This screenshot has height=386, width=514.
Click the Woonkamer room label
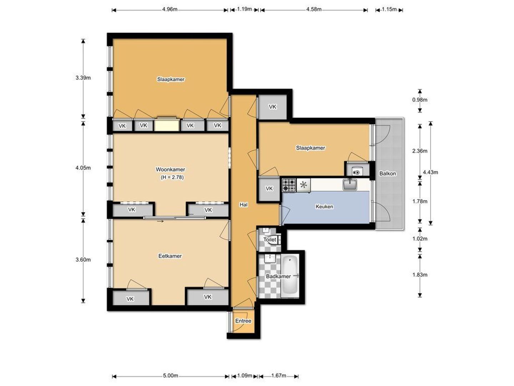point(170,169)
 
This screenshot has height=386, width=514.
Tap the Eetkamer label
point(170,256)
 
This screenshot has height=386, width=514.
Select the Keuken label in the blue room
point(324,207)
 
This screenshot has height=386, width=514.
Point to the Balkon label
point(388,173)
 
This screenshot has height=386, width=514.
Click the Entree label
point(243,321)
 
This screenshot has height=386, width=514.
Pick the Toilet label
point(270,239)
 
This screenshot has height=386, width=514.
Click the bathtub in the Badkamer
point(290,275)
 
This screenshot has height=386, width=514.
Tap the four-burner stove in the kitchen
point(289,185)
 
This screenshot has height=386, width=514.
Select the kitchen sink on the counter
point(350,184)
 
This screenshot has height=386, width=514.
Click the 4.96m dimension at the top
point(170,9)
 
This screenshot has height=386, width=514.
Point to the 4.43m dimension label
point(430,172)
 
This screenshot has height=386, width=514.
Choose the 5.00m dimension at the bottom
point(171,376)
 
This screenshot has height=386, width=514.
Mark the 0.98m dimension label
point(420,100)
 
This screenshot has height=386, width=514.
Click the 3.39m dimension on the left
point(83,78)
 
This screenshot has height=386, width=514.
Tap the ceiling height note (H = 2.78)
point(172,177)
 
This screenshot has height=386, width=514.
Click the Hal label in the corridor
point(243,205)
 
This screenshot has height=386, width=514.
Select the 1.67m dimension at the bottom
point(279,376)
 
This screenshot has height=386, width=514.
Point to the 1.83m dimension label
point(420,275)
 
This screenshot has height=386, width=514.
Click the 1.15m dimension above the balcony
point(389,9)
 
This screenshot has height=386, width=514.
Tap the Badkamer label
point(278,276)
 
